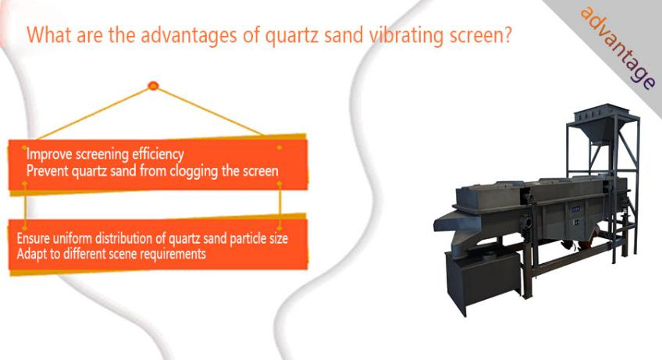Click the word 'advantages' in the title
(x=189, y=35)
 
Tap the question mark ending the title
(x=507, y=34)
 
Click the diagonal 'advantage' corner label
(x=618, y=47)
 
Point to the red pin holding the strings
(x=153, y=86)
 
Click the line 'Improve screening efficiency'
(x=105, y=154)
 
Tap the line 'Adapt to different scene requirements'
(x=112, y=254)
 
